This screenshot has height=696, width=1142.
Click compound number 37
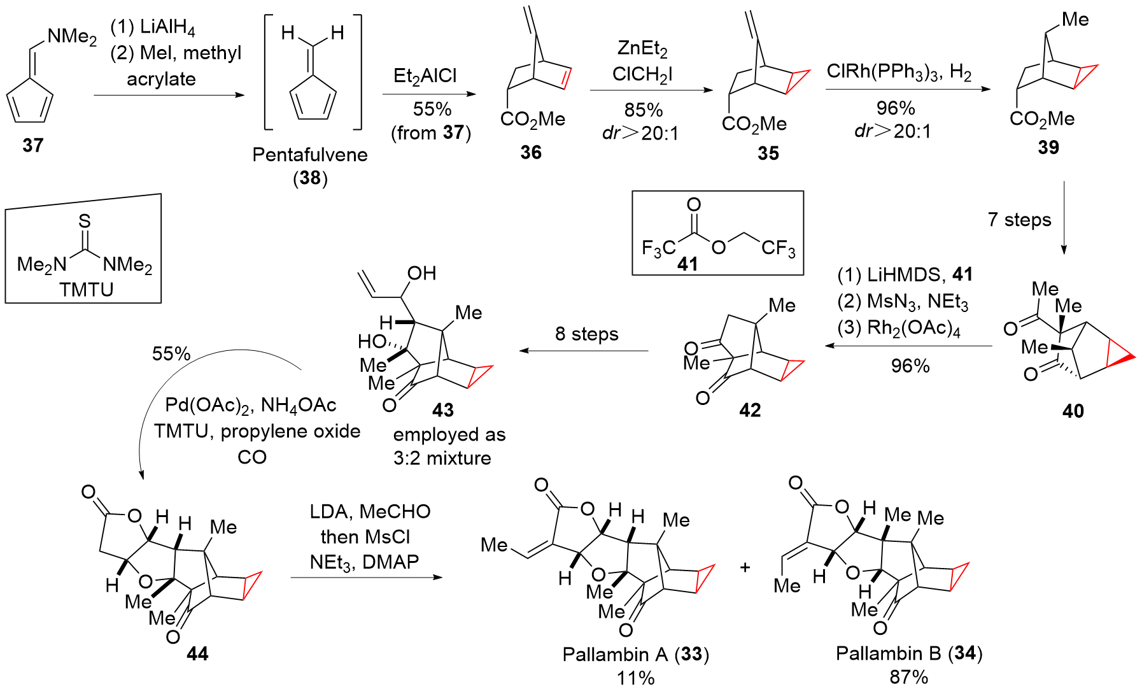pos(33,145)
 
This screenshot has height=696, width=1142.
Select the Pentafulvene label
pos(310,155)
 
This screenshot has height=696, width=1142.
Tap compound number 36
pos(530,152)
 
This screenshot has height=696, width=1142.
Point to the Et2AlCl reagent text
pos(425,76)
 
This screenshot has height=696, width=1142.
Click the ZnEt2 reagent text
pos(642,48)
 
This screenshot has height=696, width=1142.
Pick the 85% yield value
pos(643,110)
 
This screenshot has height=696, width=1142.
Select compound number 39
pos(1048,147)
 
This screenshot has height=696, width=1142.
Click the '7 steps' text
pos(1019,220)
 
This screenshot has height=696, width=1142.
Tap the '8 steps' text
pos(586,334)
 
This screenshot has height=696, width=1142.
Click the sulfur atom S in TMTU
pos(85,221)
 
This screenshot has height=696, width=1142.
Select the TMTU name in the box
pos(86,290)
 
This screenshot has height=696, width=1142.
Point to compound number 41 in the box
pos(687,264)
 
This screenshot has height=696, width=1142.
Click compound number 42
pos(750,410)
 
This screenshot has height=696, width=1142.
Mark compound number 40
pos(1073,411)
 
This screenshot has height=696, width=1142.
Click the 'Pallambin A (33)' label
pos(635,655)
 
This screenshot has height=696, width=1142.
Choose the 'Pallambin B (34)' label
pos(908,653)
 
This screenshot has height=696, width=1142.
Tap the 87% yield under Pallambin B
pos(908,677)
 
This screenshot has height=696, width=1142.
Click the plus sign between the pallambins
pos(745,567)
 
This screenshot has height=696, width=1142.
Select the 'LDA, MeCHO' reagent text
pos(370,511)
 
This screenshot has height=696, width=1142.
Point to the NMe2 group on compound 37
pos(72,36)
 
